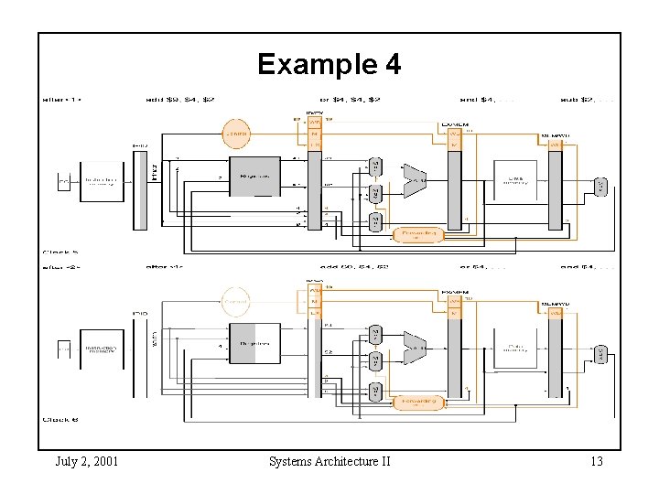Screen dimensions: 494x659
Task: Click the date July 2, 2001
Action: click(86, 461)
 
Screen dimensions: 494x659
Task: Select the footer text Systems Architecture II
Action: click(329, 461)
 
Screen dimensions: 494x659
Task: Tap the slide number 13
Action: click(596, 461)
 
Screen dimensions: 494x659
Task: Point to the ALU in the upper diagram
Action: click(415, 181)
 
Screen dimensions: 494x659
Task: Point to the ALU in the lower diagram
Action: click(415, 349)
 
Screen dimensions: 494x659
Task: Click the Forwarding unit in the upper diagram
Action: click(418, 234)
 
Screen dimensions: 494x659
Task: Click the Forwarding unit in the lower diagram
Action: click(418, 401)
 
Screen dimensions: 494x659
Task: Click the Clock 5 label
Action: click(60, 252)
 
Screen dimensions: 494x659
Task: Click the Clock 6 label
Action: click(60, 419)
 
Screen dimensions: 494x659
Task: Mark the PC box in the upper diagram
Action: click(64, 183)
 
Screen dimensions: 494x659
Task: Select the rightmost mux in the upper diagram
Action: click(600, 187)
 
